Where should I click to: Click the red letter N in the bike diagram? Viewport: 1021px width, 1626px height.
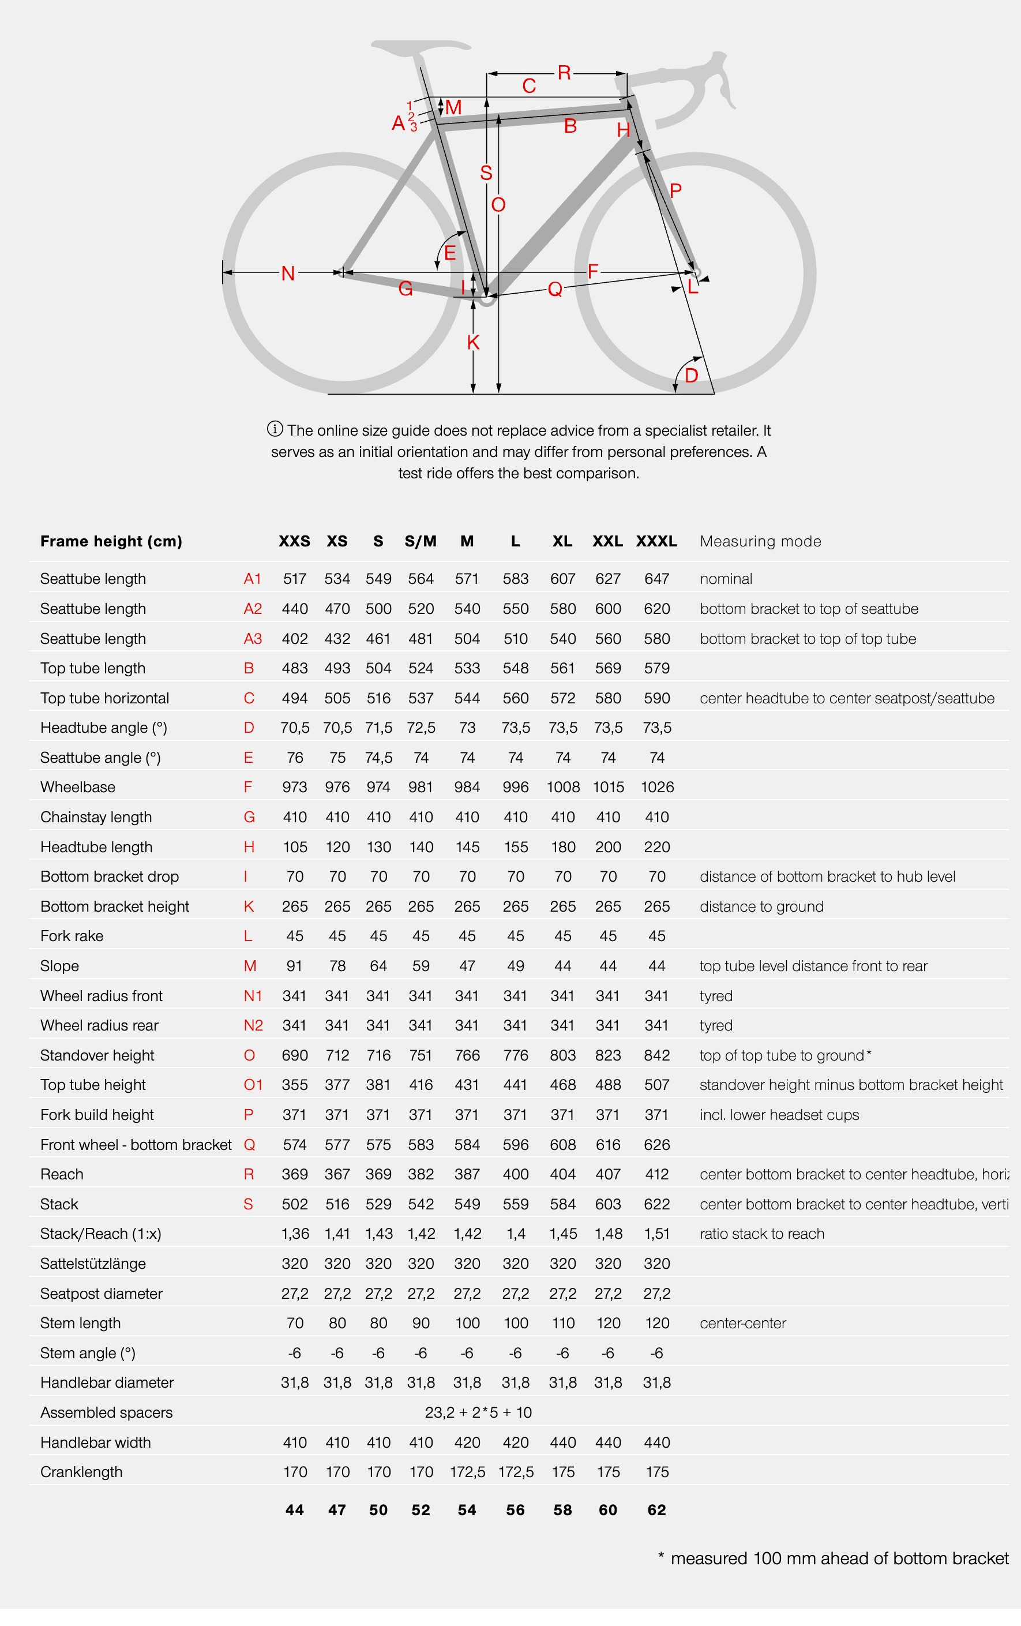point(288,274)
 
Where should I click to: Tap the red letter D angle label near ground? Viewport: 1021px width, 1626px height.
point(692,376)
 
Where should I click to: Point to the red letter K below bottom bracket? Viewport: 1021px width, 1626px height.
point(474,342)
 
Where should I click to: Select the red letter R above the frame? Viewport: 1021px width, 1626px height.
point(564,73)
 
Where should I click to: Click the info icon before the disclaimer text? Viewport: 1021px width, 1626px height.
point(275,429)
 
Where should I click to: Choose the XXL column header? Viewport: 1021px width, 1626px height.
point(608,541)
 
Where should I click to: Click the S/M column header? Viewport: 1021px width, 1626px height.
point(421,541)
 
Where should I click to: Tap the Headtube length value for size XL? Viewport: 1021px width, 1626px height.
point(562,847)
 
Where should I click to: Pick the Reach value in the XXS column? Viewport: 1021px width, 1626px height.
point(294,1174)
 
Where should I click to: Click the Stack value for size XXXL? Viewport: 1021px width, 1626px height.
point(656,1204)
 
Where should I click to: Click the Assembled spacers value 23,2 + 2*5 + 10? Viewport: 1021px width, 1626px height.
point(478,1412)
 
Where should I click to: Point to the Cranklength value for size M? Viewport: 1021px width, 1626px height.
point(467,1471)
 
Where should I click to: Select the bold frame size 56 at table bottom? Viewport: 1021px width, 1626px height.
point(515,1509)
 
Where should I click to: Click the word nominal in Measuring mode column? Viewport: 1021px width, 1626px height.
point(726,579)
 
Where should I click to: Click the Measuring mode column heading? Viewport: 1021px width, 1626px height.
point(760,541)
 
